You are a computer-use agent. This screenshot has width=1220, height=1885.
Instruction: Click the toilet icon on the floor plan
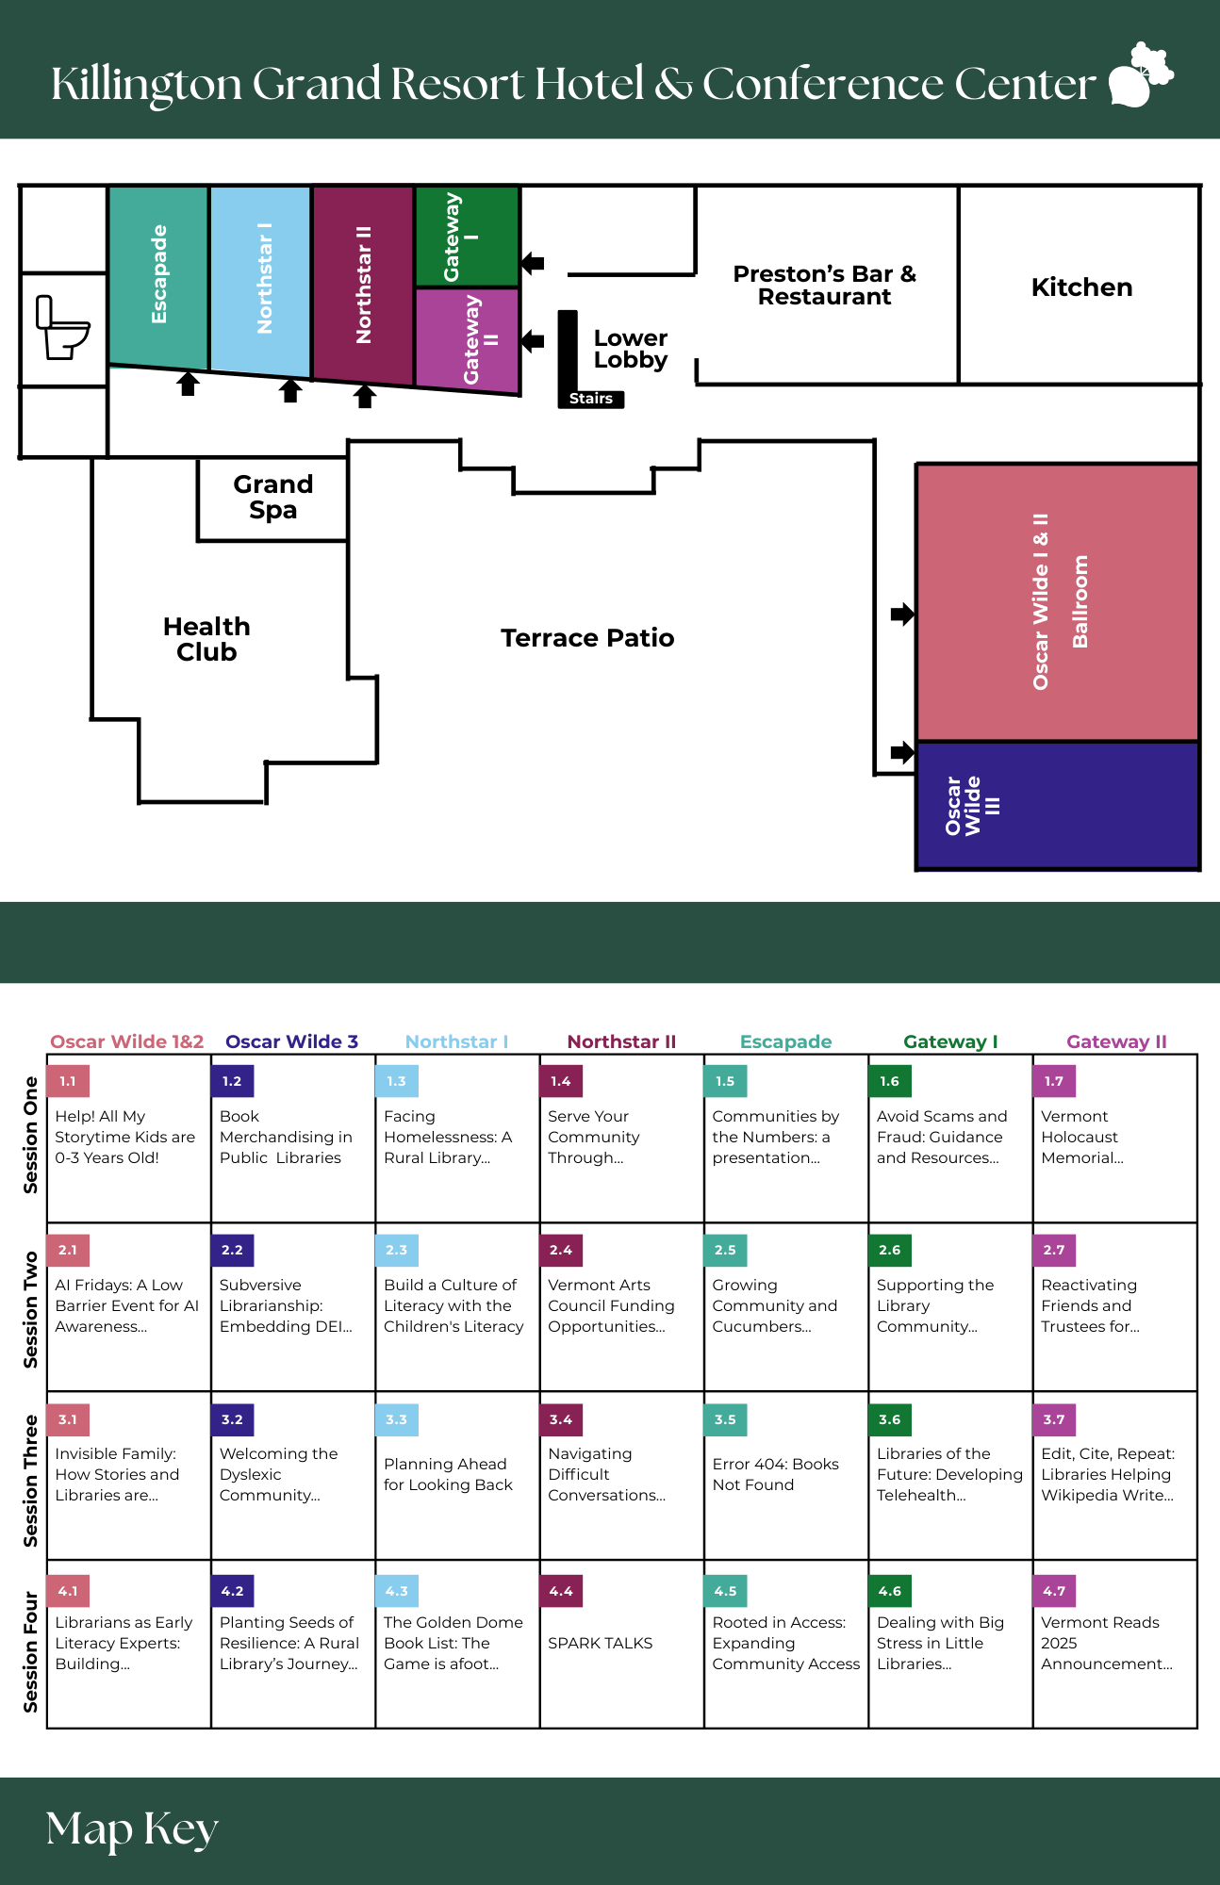pos(63,327)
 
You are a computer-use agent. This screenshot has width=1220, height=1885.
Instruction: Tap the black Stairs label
pos(591,399)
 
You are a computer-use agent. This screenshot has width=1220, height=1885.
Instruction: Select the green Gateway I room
pos(467,237)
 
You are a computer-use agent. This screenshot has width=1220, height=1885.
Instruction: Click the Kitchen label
pos(1081,287)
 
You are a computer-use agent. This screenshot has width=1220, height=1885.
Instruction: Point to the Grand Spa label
pos(272,497)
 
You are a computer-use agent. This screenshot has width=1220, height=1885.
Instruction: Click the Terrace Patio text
pos(587,638)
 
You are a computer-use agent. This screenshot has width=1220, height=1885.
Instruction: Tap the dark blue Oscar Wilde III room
pos(1058,806)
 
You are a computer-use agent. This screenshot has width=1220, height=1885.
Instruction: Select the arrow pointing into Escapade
pos(189,384)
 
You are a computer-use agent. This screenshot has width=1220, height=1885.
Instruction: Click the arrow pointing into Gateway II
pos(533,340)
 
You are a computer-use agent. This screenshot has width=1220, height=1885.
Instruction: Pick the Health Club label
pos(206,639)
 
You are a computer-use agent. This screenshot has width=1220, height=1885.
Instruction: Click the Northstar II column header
pos(621,1041)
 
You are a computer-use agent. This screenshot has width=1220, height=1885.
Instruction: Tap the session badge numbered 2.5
pos(725,1250)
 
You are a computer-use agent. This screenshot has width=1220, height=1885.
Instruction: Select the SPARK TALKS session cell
pos(622,1644)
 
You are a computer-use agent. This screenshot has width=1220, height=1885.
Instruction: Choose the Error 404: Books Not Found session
pos(776,1474)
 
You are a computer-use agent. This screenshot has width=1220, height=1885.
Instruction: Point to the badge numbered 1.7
pos(1054,1081)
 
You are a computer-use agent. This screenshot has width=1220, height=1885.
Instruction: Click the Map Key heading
pos(132,1828)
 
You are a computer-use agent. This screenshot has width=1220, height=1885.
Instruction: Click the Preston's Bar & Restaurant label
pos(825,286)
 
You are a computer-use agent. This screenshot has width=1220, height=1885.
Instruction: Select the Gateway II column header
pos(1116,1041)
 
